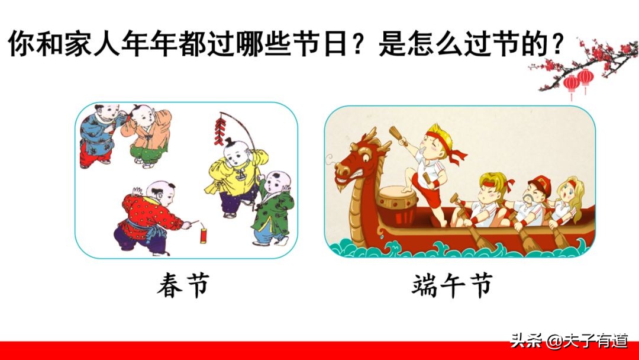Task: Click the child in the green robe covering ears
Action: [x=273, y=207]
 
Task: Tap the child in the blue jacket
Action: [x=97, y=134]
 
